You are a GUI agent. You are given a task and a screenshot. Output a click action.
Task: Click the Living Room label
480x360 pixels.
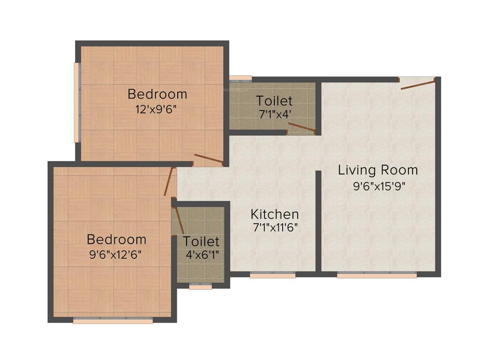tap(378, 170)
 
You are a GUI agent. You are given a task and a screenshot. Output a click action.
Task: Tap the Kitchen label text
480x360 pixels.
tap(275, 215)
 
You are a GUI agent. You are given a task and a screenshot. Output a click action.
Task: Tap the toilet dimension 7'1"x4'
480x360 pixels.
tap(274, 114)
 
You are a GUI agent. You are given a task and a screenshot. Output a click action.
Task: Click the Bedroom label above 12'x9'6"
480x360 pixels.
tap(157, 94)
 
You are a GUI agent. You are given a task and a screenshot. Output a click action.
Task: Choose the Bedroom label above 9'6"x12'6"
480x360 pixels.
tap(117, 240)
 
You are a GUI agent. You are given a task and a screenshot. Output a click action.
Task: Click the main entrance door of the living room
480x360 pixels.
tap(417, 83)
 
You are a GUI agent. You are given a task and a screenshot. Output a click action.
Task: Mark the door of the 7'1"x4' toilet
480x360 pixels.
tap(301, 127)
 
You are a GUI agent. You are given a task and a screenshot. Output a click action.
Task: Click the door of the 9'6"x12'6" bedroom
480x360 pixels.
tap(169, 181)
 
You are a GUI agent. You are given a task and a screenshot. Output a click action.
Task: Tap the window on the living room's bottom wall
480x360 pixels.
tap(377, 276)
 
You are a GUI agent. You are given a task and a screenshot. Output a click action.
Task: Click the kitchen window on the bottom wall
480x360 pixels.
tap(272, 276)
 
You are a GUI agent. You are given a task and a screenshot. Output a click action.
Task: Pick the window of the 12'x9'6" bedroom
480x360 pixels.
tap(77, 102)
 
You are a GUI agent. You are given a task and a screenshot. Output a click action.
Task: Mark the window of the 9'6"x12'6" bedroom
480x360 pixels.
tap(113, 321)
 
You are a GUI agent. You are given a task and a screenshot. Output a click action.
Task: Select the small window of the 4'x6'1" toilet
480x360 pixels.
tap(201, 286)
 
